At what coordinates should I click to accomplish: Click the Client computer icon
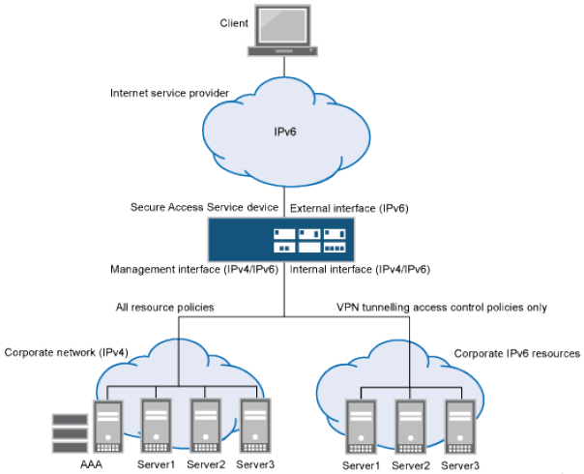pyautogui.click(x=282, y=32)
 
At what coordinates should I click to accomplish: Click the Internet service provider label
pyautogui.click(x=169, y=94)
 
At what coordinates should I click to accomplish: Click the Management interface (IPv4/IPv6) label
pyautogui.click(x=194, y=269)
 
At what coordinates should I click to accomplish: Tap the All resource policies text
pyautogui.click(x=166, y=308)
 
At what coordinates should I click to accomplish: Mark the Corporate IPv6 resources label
pyautogui.click(x=516, y=354)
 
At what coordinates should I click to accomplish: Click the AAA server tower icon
pyautogui.click(x=105, y=426)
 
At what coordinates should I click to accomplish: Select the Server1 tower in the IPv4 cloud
pyautogui.click(x=157, y=426)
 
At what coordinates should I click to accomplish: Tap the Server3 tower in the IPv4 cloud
pyautogui.click(x=253, y=426)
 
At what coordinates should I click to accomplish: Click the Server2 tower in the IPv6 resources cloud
pyautogui.click(x=409, y=426)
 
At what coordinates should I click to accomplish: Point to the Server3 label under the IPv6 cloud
pyautogui.click(x=459, y=465)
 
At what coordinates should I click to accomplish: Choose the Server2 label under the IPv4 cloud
pyautogui.click(x=205, y=465)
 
